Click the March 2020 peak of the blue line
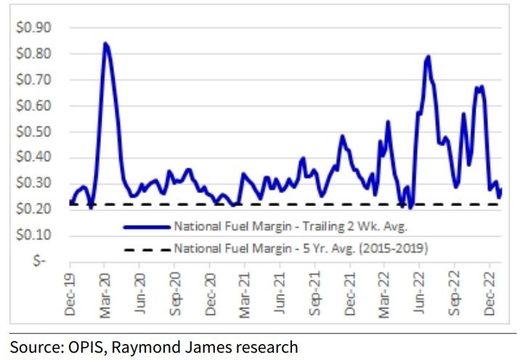(x=105, y=44)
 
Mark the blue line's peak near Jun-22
(x=428, y=56)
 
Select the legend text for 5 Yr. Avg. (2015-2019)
(x=301, y=249)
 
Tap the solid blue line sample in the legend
(x=146, y=226)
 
